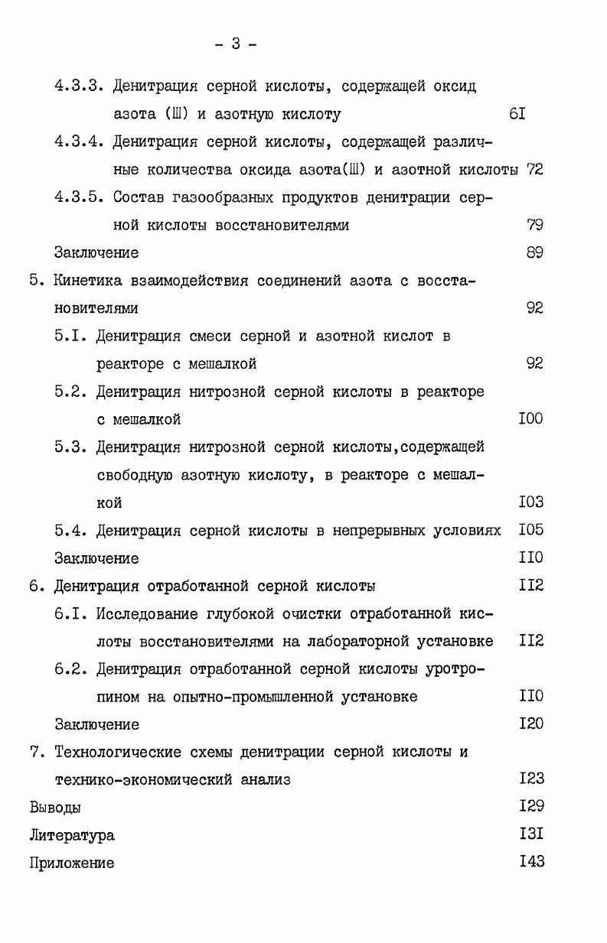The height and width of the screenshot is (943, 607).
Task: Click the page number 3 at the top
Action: (x=236, y=44)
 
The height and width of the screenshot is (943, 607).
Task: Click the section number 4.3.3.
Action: (x=79, y=86)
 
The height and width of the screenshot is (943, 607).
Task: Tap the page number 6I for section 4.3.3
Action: (x=517, y=115)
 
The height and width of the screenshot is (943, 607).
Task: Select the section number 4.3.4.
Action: (x=79, y=141)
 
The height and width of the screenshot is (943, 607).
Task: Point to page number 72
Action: (x=534, y=170)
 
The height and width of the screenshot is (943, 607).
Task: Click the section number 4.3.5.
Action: (x=79, y=197)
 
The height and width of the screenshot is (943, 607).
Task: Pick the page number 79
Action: (x=534, y=225)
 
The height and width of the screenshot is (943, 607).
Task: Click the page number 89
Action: (x=534, y=252)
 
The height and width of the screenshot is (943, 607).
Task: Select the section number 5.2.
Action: (x=70, y=392)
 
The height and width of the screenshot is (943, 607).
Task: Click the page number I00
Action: (x=530, y=419)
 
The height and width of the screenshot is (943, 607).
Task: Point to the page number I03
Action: (x=530, y=502)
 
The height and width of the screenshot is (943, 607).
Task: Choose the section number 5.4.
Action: (x=70, y=530)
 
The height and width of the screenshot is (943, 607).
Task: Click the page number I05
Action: (x=530, y=530)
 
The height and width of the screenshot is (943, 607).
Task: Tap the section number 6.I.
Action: (x=70, y=613)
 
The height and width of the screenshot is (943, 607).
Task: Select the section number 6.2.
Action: (x=70, y=669)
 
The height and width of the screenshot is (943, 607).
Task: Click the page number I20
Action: (x=530, y=724)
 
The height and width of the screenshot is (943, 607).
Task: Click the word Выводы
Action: (x=55, y=808)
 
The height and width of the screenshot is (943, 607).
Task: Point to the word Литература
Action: (x=72, y=835)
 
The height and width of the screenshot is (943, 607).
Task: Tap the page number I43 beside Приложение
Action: (x=530, y=863)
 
